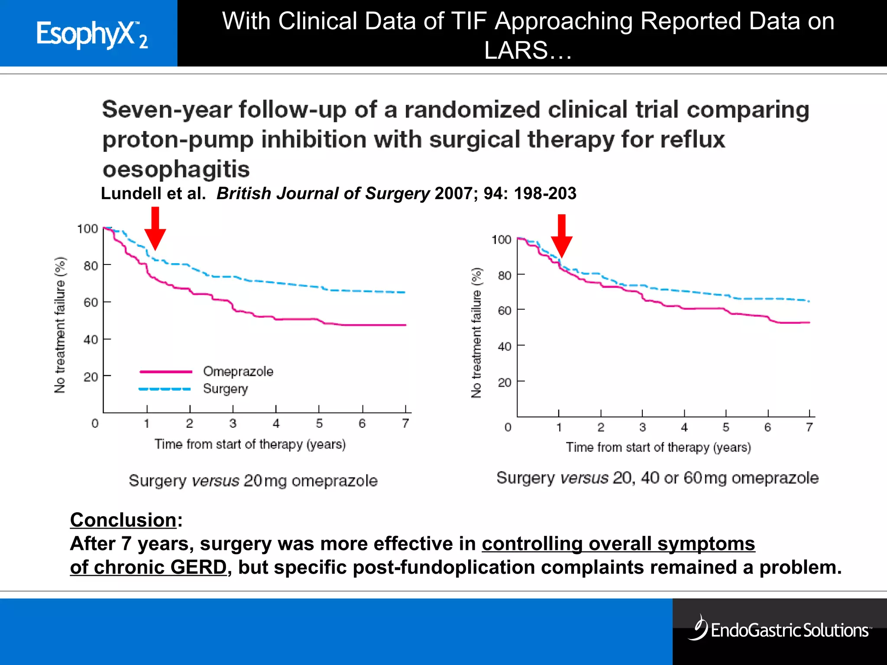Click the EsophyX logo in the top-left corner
click(91, 34)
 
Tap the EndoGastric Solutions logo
click(780, 629)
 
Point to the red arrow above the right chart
click(562, 236)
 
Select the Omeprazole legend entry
click(238, 371)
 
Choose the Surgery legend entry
click(225, 389)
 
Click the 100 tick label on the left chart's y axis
click(87, 229)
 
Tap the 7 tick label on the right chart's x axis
click(809, 427)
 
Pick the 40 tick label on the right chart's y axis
click(505, 346)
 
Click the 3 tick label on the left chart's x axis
click(233, 423)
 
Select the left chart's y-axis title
click(60, 325)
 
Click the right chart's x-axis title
click(658, 447)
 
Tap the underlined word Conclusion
click(123, 520)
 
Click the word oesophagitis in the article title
click(176, 169)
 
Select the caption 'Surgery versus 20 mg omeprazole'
click(253, 481)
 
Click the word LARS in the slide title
click(516, 50)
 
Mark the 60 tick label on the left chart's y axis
click(91, 302)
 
